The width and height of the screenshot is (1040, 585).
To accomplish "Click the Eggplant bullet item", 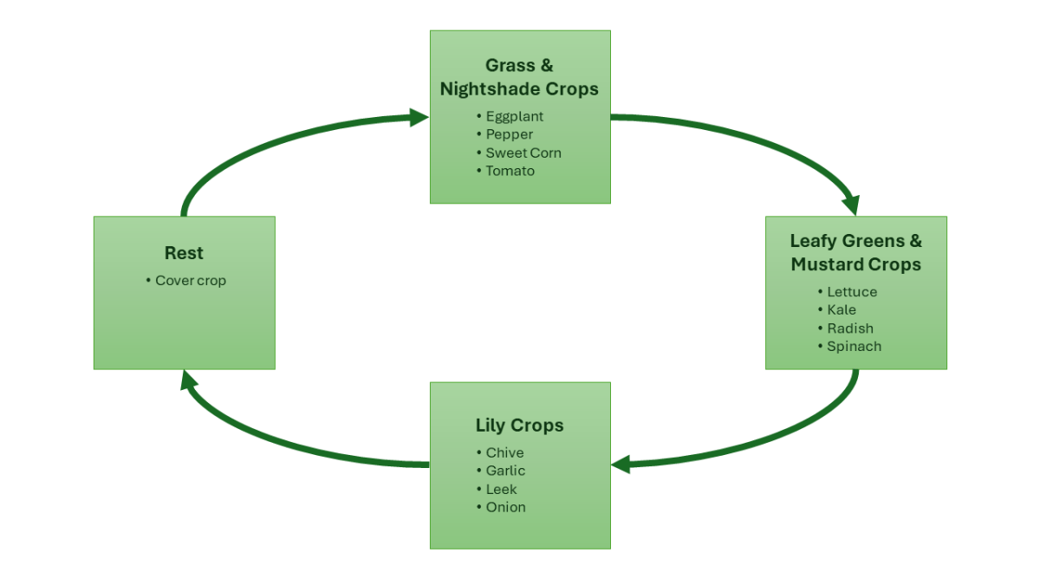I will pos(514,116).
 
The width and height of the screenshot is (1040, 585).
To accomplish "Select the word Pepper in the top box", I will pos(509,134).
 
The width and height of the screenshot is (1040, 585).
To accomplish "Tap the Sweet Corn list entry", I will pos(523,153).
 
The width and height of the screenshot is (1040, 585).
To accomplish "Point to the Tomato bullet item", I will pos(510,171).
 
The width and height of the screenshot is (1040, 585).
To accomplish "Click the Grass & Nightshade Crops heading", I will pos(519,77).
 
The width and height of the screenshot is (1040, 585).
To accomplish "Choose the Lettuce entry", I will pos(852,292).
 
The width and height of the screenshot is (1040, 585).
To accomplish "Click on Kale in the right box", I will pos(842,310).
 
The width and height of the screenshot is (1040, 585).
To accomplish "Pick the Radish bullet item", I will pos(850,328).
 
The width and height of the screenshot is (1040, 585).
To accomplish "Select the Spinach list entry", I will pos(854,347).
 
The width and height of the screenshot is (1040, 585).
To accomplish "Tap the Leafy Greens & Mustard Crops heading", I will pos(855,252).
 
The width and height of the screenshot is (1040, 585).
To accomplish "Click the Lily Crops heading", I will pos(519,426).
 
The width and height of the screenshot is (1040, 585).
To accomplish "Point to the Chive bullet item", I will pos(504,452).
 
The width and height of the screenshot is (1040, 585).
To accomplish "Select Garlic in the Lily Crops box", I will pos(505,471).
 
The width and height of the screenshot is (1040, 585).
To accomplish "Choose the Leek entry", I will pos(501,489).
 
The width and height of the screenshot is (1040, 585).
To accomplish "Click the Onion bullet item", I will pos(505,507).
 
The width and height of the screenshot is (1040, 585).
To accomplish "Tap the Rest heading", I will pos(184,253).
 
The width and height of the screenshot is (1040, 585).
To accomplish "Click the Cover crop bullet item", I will pos(191,281).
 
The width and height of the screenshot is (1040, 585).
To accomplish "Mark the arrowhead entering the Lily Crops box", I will pos(621,465).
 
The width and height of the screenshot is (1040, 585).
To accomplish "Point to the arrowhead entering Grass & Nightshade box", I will pos(419,118).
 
